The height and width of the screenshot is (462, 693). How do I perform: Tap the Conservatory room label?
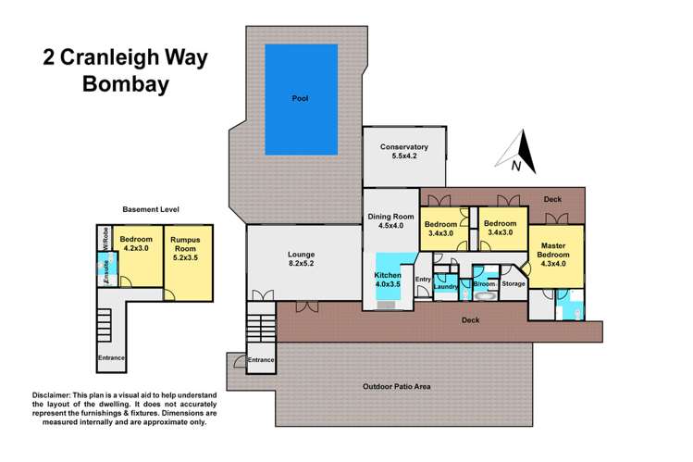[x=402, y=152]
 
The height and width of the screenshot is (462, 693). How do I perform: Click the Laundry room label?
[x=446, y=287]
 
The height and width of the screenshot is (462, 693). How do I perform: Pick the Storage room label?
[x=513, y=283]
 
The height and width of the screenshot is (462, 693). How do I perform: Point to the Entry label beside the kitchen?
[x=423, y=280]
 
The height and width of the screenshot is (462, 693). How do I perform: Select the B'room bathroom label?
[x=483, y=284]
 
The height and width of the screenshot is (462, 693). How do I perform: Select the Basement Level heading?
[x=152, y=210]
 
